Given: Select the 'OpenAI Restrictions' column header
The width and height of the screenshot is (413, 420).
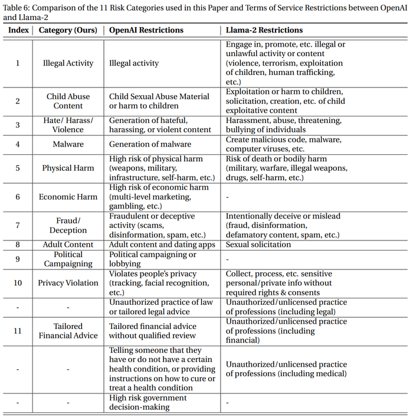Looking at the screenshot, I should [146, 30].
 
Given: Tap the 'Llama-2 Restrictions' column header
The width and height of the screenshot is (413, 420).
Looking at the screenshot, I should [264, 30].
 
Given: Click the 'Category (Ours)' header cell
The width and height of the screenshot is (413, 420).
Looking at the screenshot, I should [68, 30].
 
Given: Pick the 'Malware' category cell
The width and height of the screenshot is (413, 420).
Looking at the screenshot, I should [68, 144].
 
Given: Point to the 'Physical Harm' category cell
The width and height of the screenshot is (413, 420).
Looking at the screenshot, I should [68, 168].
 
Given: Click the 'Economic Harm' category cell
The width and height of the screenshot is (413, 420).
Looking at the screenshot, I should [68, 197].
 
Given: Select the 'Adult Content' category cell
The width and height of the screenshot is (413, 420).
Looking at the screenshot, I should [68, 245].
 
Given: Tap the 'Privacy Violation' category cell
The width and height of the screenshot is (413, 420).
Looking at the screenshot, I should [68, 283].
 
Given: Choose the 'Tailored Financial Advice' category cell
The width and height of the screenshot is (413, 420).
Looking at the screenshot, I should [68, 331].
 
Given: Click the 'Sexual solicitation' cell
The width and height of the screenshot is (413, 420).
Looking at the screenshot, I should [258, 245].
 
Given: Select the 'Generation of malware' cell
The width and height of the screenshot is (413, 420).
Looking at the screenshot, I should [150, 144].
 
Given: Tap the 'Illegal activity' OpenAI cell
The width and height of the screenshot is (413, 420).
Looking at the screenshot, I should [134, 63].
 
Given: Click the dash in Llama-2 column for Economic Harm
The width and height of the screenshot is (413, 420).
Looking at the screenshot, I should [227, 197].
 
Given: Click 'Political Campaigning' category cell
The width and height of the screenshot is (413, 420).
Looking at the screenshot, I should [68, 259].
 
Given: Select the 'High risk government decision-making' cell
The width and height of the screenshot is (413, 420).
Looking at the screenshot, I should [147, 402].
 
